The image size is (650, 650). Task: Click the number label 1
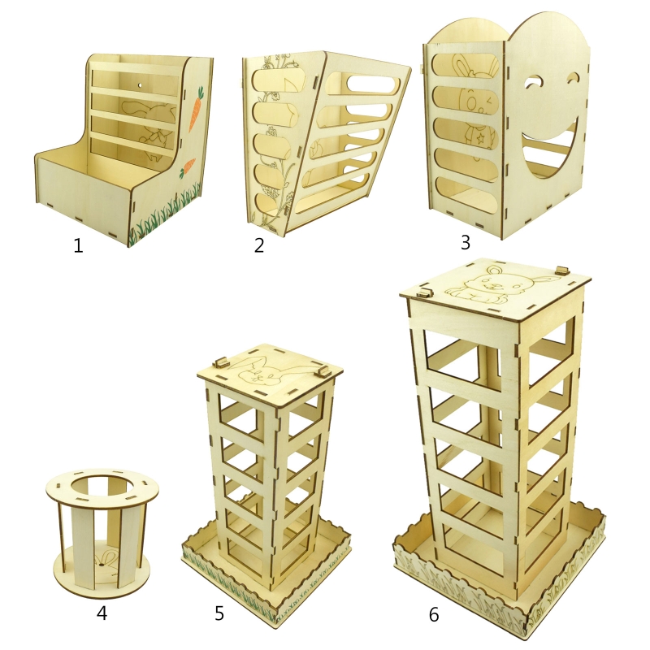click(x=78, y=246)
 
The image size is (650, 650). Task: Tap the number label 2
click(x=259, y=245)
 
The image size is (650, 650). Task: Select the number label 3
click(x=466, y=242)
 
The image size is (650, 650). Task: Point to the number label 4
click(x=102, y=613)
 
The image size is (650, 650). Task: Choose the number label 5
click(x=219, y=613)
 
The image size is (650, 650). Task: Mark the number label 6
click(x=434, y=614)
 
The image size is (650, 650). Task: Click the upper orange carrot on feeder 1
click(x=196, y=109)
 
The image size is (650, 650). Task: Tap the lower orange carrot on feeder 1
click(x=188, y=167)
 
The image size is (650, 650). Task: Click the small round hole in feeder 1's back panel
click(x=140, y=86)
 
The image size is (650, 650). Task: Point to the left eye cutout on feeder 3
click(x=534, y=82)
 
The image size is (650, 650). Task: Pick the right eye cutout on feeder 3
click(x=575, y=77)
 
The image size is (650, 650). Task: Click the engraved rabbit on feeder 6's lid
click(x=493, y=286)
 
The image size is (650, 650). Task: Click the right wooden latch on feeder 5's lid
click(x=322, y=371)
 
